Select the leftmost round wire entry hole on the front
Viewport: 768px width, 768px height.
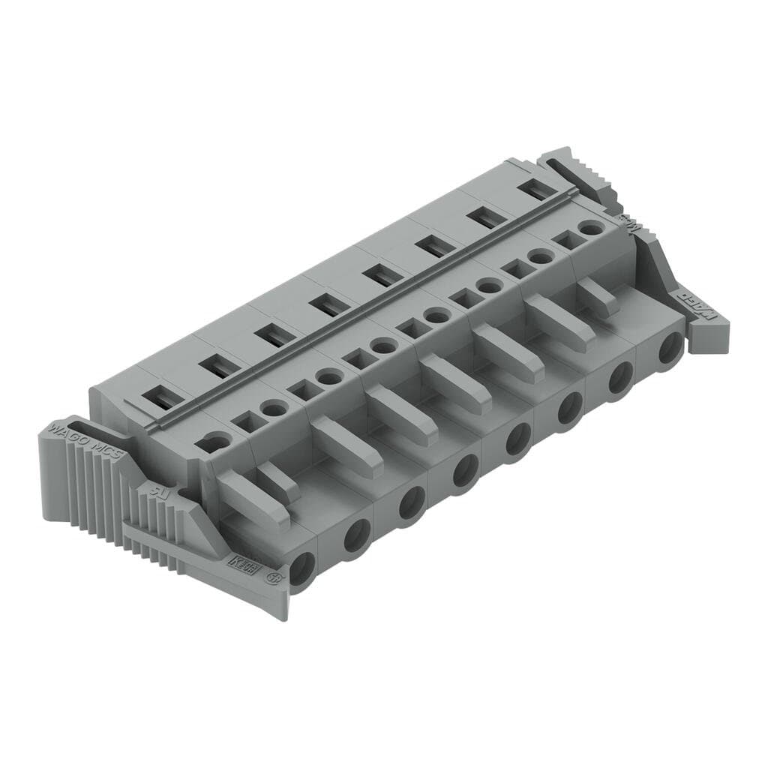[304, 570]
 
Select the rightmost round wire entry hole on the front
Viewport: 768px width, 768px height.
[669, 348]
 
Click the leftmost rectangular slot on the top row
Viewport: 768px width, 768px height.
[161, 397]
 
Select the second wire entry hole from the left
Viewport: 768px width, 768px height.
[357, 535]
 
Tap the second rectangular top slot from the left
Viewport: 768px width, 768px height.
[217, 367]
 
